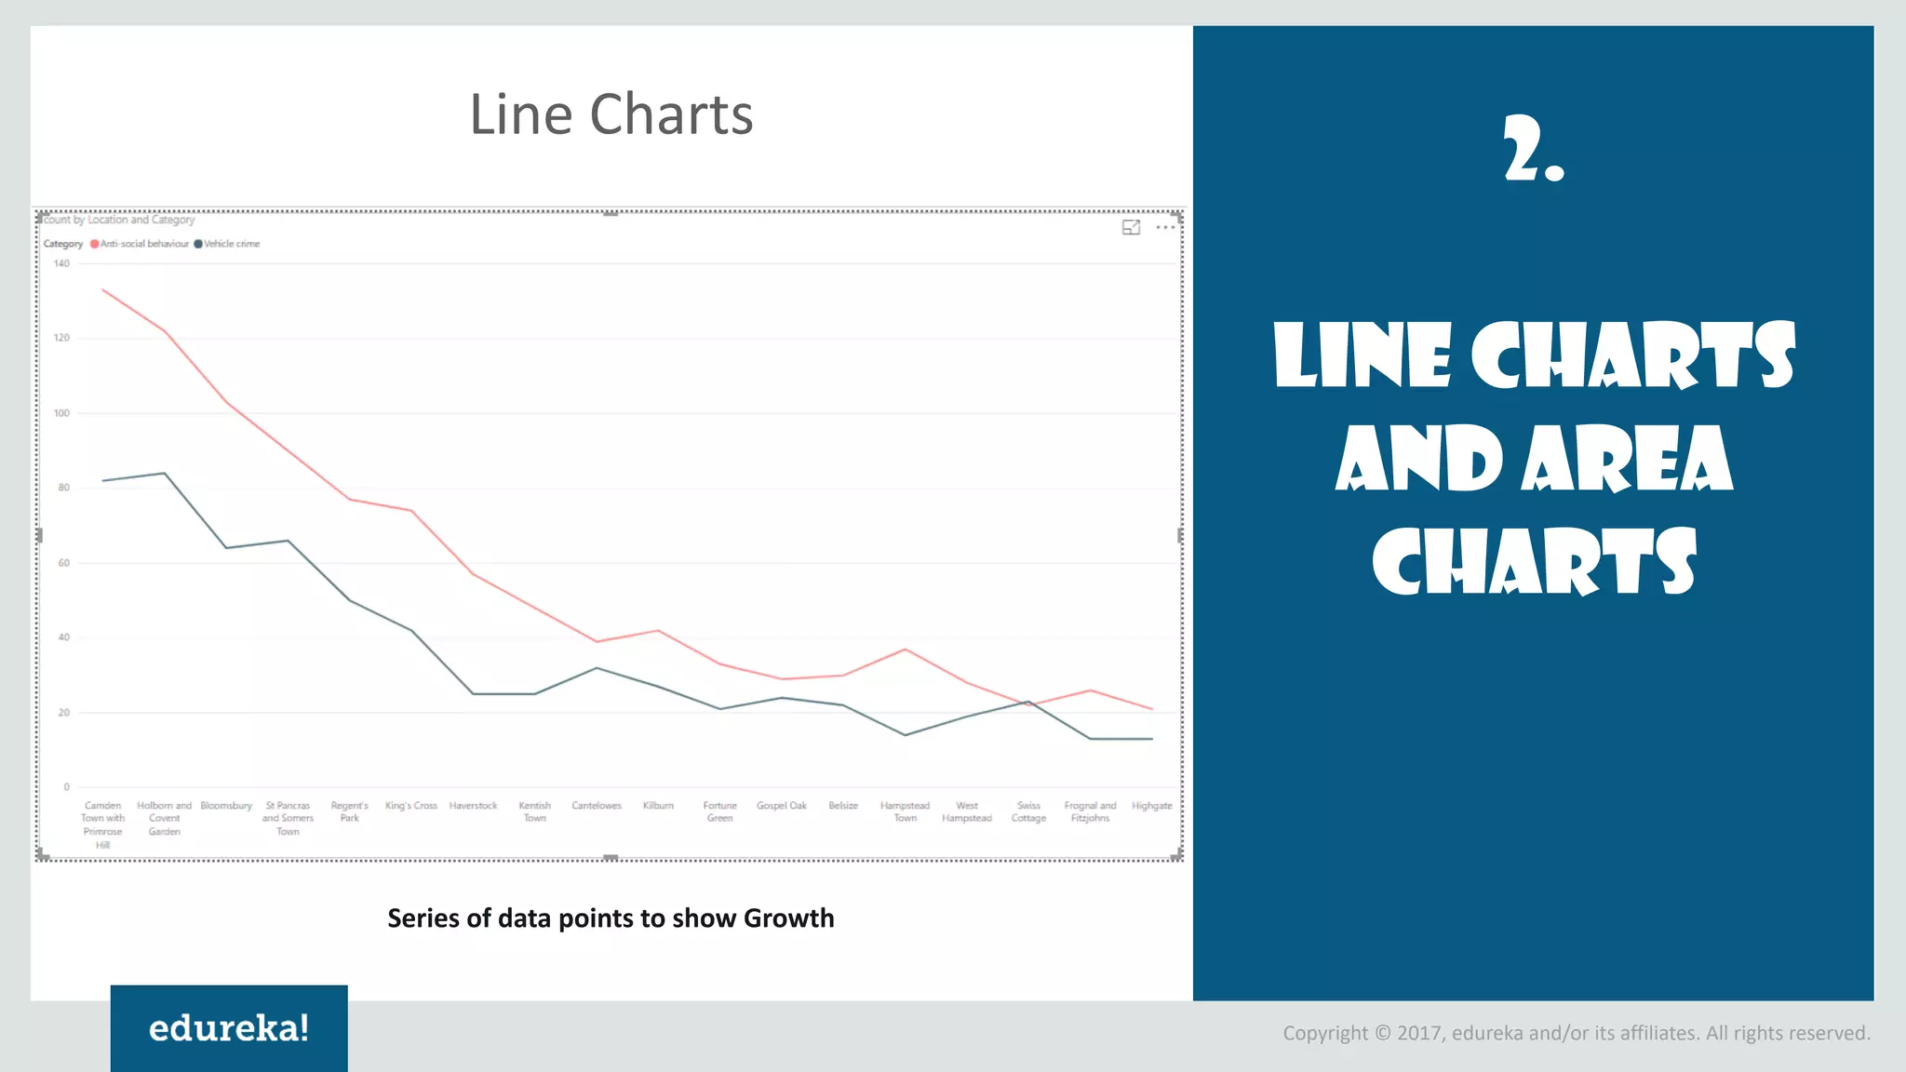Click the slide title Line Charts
pyautogui.click(x=611, y=114)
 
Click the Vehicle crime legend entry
pyautogui.click(x=231, y=244)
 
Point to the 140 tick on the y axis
pyautogui.click(x=61, y=263)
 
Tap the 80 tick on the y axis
pyautogui.click(x=63, y=488)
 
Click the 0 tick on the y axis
pyautogui.click(x=66, y=787)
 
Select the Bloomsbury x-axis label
pyautogui.click(x=226, y=806)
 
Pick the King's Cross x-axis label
pyautogui.click(x=410, y=806)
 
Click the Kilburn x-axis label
pyautogui.click(x=658, y=806)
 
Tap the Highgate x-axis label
pyautogui.click(x=1151, y=806)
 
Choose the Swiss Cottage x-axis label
pyautogui.click(x=1028, y=811)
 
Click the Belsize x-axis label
pyautogui.click(x=843, y=806)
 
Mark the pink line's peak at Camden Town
pyautogui.click(x=103, y=290)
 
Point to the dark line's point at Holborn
pyautogui.click(x=165, y=474)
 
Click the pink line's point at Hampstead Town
pyautogui.click(x=906, y=650)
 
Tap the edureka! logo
pyautogui.click(x=229, y=1028)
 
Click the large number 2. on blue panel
pyautogui.click(x=1534, y=149)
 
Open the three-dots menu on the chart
pyautogui.click(x=1165, y=227)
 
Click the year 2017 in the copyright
pyautogui.click(x=1419, y=1033)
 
